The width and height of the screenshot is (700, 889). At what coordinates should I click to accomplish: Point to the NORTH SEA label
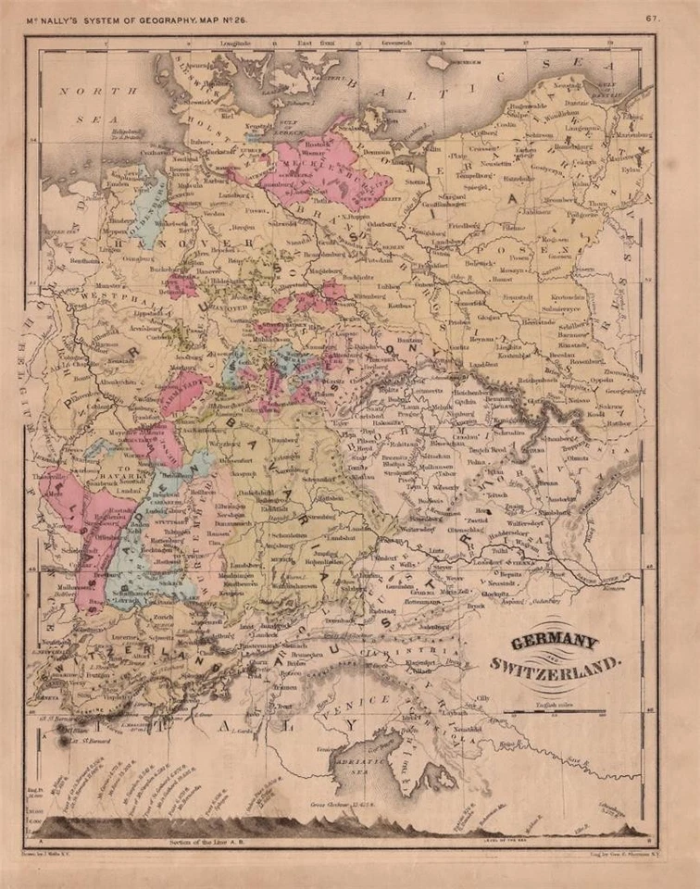[x=97, y=104]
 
